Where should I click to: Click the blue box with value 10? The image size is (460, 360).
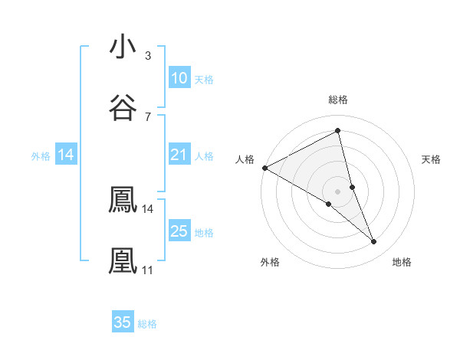point(179,78)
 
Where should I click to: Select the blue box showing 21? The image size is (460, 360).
point(179,155)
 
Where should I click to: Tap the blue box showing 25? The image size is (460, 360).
point(179,231)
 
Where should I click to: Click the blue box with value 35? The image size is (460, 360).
point(123,322)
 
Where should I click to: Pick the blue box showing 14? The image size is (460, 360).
point(66,155)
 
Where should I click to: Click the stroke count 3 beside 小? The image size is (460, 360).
point(148,56)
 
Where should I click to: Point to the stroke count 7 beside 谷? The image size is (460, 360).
point(148,116)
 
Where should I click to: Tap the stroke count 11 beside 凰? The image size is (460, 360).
point(147,270)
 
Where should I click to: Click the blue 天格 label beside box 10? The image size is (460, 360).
point(204,80)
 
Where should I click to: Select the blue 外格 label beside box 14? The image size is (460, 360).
point(41,156)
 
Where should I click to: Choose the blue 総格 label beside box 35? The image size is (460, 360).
point(147,324)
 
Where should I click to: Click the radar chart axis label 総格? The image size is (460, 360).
point(338,100)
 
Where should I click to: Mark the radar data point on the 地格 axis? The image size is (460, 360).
point(374,242)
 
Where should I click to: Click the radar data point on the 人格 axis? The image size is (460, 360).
point(264,168)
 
